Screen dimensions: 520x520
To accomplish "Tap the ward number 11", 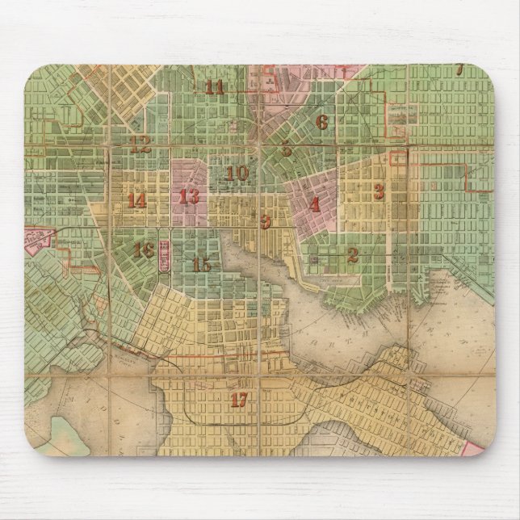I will coord(215,88).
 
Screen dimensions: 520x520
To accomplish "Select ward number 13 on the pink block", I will coord(189,196).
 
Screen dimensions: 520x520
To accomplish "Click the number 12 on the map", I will coord(140,145).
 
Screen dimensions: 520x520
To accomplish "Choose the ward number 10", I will coord(237,173).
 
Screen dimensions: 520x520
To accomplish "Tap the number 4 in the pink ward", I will coord(314,204).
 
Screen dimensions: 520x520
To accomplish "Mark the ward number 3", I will coord(378,191).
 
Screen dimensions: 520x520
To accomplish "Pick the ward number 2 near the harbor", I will coord(352,255).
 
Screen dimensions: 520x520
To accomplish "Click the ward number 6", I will coord(322,123).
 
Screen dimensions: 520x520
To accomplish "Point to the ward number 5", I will coord(287,149).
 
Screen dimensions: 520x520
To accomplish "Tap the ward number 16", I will coord(144,250).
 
